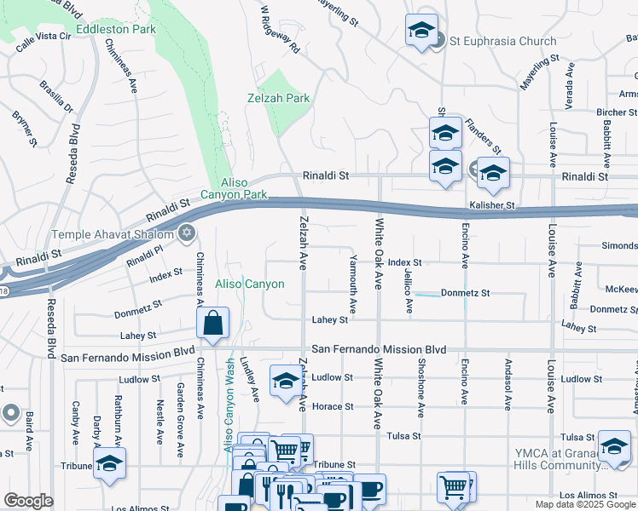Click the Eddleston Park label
point(116,29)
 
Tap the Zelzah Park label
point(284,98)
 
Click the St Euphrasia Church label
point(502,41)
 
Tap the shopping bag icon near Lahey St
point(212,324)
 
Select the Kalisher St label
point(492,205)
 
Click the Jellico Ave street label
point(409,291)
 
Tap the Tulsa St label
point(404,435)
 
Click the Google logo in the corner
point(28,501)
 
